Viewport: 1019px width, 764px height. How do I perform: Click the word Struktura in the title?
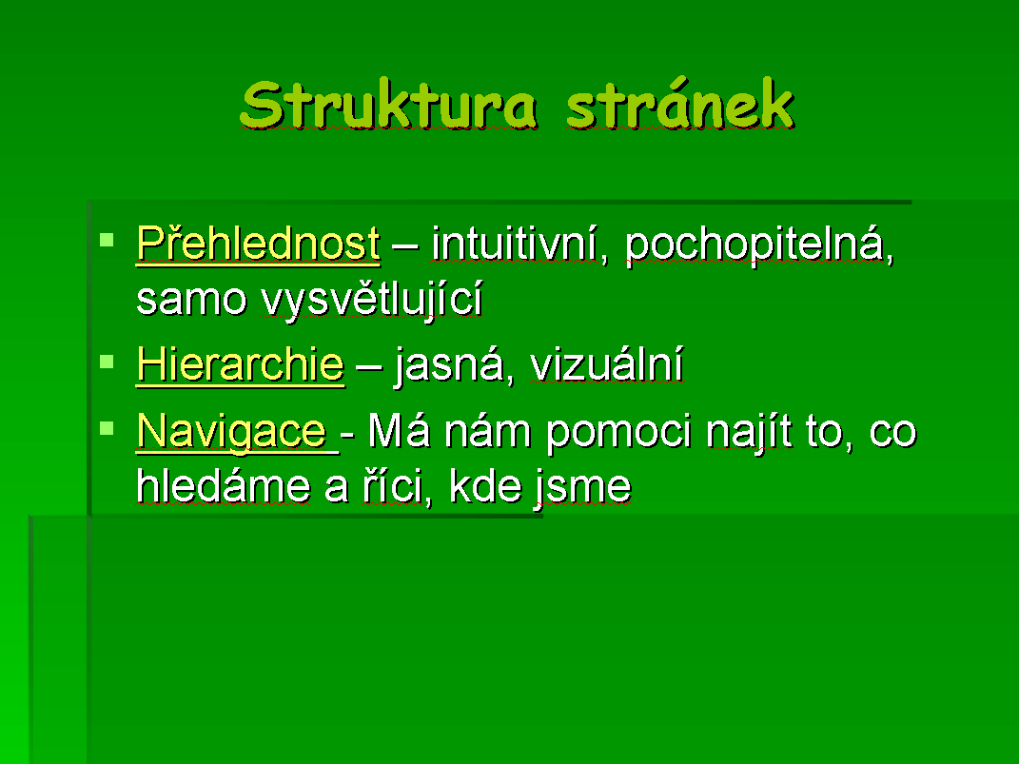[x=388, y=105]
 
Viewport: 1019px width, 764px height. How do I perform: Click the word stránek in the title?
[x=680, y=104]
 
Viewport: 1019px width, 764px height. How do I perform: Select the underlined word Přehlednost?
[x=258, y=245]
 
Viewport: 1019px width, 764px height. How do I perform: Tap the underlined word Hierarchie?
[x=240, y=363]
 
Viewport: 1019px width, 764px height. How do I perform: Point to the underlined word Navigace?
[x=231, y=431]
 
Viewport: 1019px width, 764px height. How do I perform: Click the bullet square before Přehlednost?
[x=107, y=241]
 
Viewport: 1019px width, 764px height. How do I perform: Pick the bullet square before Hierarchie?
[x=107, y=361]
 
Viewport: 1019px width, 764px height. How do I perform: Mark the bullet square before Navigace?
[x=107, y=427]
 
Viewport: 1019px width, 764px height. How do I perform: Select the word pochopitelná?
[x=759, y=245]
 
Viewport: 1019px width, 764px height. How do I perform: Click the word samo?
[x=191, y=300]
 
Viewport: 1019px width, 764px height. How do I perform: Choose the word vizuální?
[x=606, y=363]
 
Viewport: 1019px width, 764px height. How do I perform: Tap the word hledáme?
[x=223, y=486]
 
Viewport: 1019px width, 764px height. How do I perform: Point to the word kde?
[x=485, y=486]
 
